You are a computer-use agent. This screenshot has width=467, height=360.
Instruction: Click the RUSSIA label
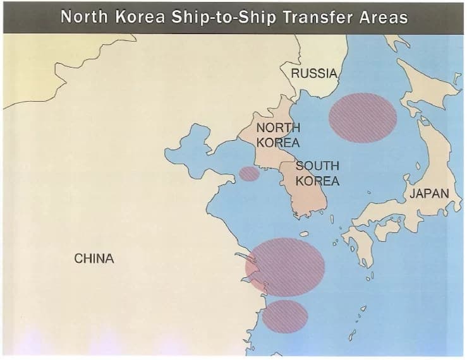pos(314,73)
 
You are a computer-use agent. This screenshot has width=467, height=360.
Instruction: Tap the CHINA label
pos(94,258)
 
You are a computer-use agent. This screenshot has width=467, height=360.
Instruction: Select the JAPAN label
pos(429,193)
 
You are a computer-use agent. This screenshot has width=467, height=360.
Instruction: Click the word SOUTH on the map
pos(317,166)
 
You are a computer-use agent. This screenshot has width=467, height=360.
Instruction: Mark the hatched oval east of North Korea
pos(363,117)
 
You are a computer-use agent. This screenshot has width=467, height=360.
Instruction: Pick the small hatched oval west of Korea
pos(250,174)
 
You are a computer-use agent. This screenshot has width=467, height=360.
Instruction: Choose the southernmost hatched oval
pos(285,316)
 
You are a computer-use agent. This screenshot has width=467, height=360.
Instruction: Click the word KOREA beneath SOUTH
pos(317,181)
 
